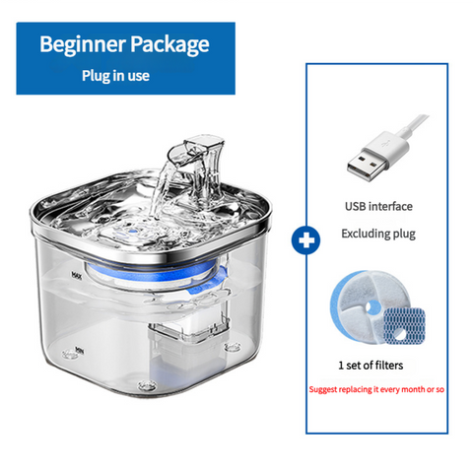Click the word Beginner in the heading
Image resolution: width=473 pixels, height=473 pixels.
pos(81,44)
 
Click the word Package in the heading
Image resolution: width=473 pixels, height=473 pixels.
pos(167,44)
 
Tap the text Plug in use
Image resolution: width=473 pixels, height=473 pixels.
pos(116,75)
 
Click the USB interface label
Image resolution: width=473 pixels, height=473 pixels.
pos(378,207)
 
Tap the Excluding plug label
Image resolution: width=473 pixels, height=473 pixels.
pos(378,235)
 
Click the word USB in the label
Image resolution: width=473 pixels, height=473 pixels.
pos(356,207)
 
